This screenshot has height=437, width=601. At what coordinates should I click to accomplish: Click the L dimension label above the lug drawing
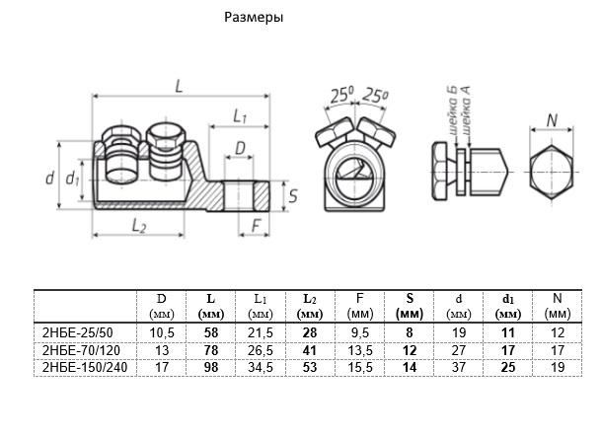(x=179, y=86)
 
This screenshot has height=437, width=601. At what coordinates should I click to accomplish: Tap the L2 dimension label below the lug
(x=139, y=225)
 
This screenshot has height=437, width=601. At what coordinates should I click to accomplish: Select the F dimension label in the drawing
(x=256, y=225)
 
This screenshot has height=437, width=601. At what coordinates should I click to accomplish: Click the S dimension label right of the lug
(x=293, y=195)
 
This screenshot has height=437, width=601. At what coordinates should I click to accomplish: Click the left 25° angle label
(x=341, y=96)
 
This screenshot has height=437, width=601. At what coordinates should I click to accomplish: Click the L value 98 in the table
(x=210, y=367)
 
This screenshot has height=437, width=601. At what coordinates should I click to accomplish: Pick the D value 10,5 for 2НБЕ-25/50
(x=161, y=332)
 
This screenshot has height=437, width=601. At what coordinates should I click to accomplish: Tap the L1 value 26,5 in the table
(x=261, y=350)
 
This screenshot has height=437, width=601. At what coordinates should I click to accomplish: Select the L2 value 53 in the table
(x=310, y=367)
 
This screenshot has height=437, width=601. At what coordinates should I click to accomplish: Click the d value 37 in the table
(x=458, y=367)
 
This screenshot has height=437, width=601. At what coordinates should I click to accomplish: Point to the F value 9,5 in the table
(x=359, y=332)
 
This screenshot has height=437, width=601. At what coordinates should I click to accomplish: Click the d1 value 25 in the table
(x=506, y=367)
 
